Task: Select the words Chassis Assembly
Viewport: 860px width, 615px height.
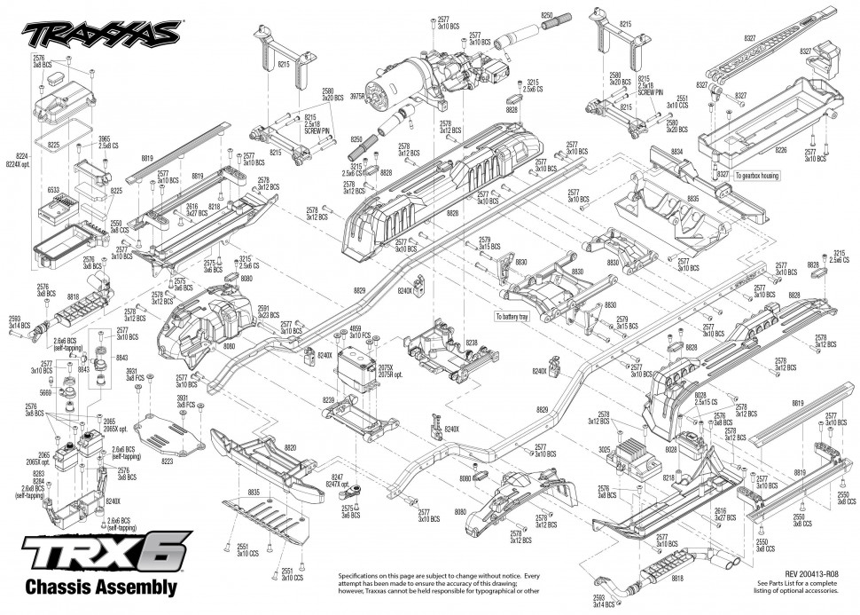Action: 101,587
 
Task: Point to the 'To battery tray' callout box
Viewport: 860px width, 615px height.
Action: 520,315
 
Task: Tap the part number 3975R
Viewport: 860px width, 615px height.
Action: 357,96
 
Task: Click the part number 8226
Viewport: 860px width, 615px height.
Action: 781,151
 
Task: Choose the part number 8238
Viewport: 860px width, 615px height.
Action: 471,343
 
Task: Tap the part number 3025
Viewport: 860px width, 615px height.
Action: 605,450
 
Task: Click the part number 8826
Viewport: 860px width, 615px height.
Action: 453,213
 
